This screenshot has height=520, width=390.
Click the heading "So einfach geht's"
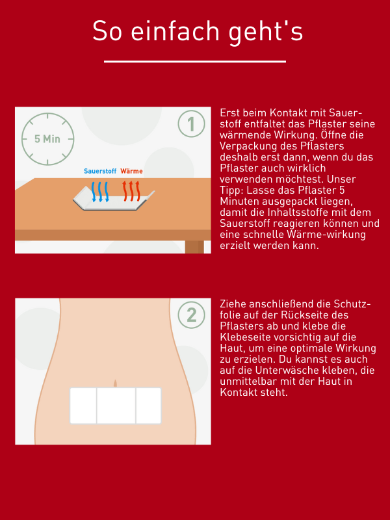coord(198,31)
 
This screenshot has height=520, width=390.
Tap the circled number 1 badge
coord(191,124)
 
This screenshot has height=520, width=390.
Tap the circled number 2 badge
coord(191,315)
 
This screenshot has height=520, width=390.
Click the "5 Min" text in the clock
coord(47,139)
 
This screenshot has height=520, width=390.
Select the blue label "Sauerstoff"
coord(100,171)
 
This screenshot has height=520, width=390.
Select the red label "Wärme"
coord(132,171)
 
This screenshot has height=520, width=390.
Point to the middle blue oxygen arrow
coord(100,192)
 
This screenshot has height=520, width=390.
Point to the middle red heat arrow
coord(131,191)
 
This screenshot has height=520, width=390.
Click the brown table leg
coord(194,247)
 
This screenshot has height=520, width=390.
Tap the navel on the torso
coord(115,383)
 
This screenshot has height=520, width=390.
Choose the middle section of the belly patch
coord(116,406)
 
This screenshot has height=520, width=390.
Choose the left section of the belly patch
coord(83,406)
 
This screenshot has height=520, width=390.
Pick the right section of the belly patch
coord(149,406)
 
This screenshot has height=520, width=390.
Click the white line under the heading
coord(195,61)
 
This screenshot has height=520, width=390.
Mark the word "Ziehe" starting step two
coord(233,304)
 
